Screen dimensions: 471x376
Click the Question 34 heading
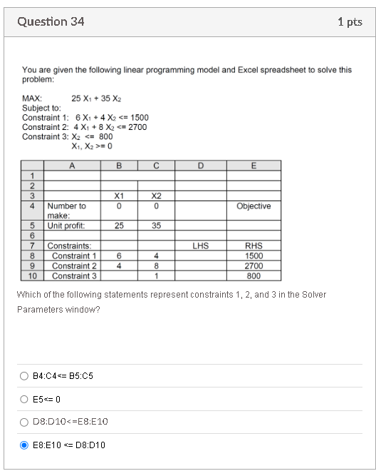[51, 22]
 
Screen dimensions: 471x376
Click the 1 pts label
[350, 22]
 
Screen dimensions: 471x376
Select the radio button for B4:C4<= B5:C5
[25, 375]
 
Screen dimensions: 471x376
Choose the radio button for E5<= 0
[25, 398]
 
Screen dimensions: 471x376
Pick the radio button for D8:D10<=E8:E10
[25, 421]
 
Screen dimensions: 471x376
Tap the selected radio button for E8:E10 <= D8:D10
[25, 445]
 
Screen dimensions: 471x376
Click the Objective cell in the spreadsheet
[254, 206]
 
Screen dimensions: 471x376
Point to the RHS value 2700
[254, 265]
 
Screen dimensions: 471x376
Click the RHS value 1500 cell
[254, 255]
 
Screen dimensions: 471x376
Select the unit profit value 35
[156, 226]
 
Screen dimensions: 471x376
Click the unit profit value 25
[120, 226]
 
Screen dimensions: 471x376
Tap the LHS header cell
[200, 245]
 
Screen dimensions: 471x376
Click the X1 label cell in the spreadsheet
[120, 196]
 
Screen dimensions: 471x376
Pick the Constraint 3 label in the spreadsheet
[74, 275]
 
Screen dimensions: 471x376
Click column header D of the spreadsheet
[200, 166]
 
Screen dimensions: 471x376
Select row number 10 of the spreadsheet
[31, 275]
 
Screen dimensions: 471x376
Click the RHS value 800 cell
[254, 275]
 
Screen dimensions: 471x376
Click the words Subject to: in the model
[41, 108]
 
